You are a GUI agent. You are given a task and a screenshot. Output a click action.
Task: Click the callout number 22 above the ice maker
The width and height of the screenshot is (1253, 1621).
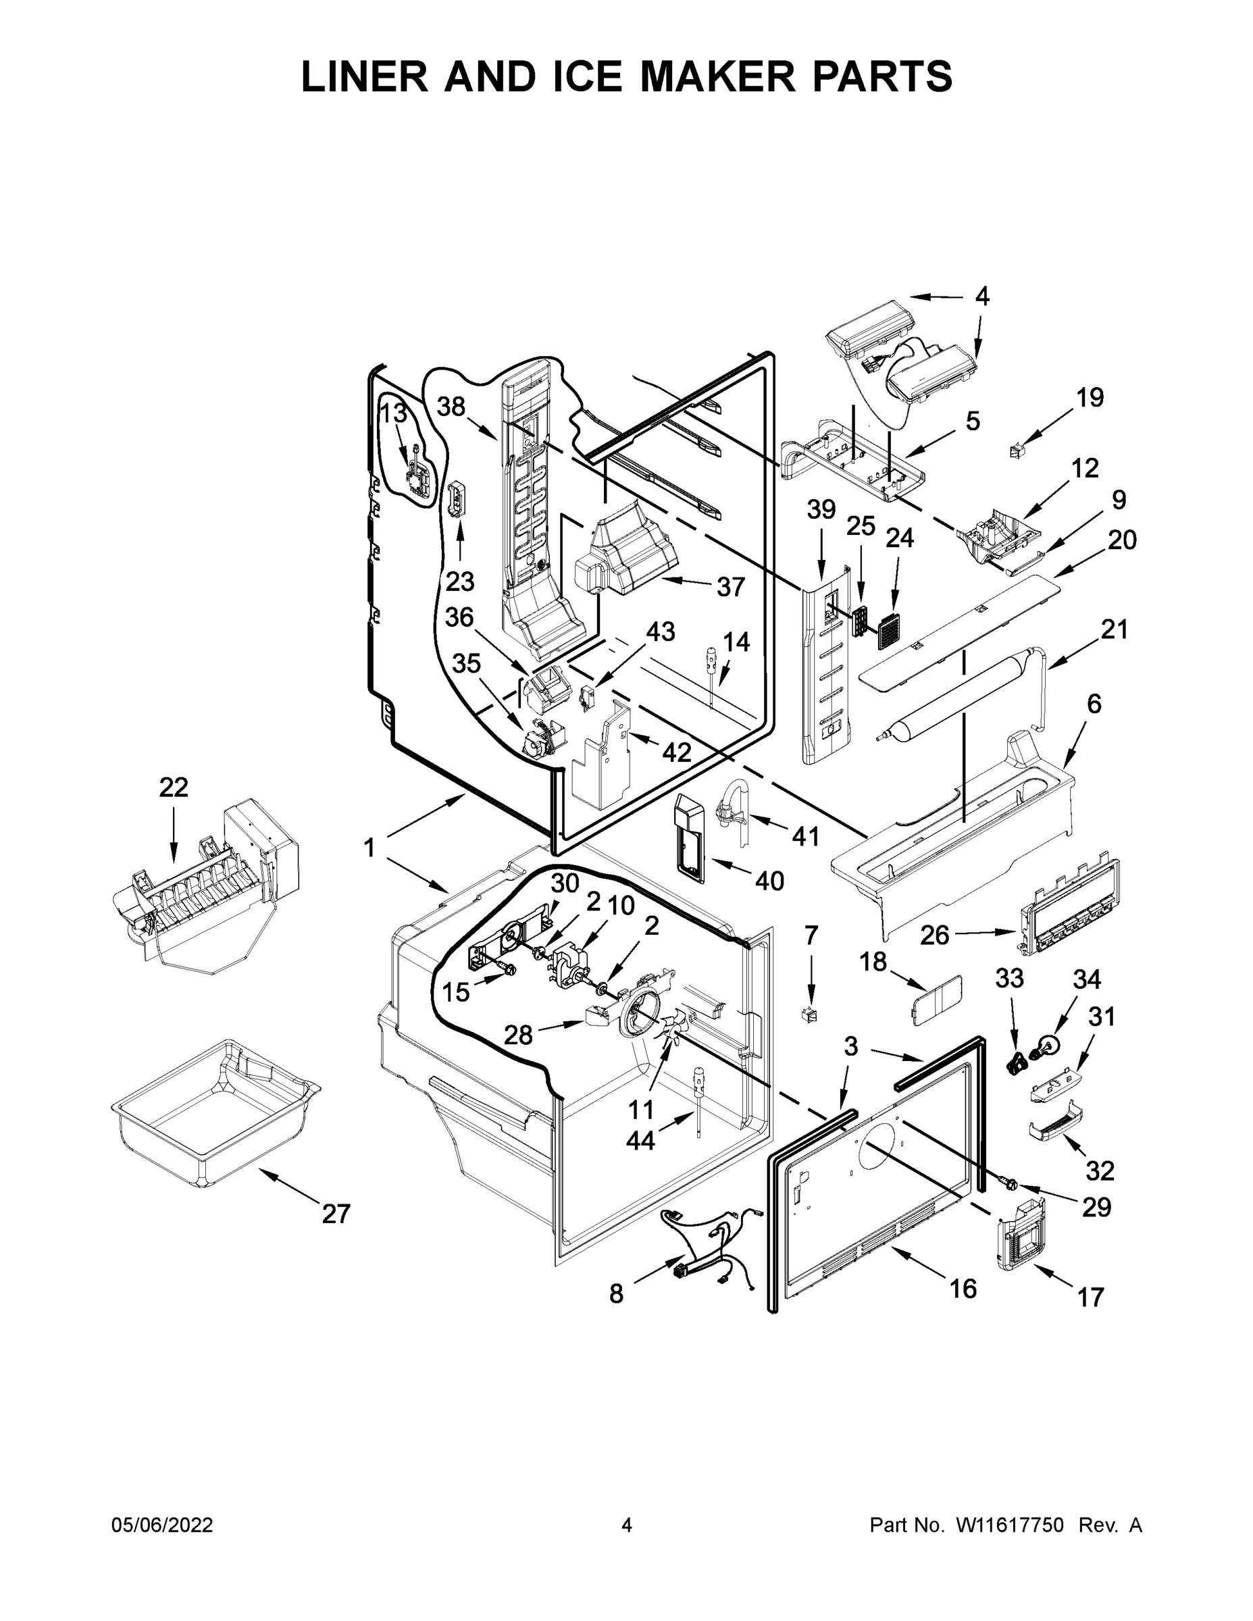[174, 788]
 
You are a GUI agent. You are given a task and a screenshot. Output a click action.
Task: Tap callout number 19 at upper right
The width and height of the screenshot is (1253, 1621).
[1090, 398]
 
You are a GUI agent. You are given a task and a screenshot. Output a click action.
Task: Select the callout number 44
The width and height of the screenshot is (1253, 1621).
[640, 1141]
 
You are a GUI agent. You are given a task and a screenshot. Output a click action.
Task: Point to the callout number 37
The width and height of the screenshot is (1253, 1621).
[730, 587]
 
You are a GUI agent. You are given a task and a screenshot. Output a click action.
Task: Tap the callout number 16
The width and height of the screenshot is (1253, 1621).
[963, 1289]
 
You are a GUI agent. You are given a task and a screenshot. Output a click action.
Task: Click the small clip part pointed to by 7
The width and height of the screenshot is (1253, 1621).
[811, 1014]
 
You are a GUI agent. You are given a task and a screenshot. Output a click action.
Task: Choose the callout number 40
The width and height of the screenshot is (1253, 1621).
[769, 881]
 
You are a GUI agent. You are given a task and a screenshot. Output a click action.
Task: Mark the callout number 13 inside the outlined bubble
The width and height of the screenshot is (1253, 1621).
[393, 413]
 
